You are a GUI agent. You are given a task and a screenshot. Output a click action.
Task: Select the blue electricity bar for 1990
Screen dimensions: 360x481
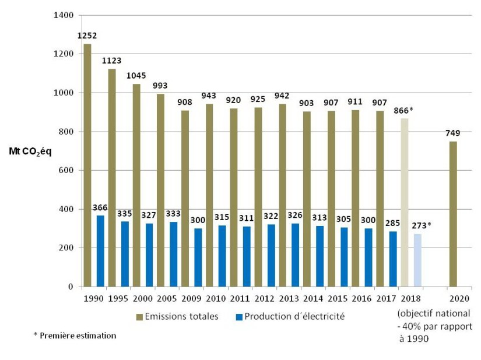tap(101, 251)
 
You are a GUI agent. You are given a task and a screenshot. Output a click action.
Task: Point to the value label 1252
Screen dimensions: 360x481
tap(87, 36)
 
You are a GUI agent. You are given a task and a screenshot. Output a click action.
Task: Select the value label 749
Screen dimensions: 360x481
tap(453, 133)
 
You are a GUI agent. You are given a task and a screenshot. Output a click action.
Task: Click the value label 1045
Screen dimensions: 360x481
tap(136, 76)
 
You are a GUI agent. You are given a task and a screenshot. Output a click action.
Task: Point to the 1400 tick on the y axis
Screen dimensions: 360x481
tap(64, 15)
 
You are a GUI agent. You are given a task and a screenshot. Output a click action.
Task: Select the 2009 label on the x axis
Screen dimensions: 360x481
tap(191, 299)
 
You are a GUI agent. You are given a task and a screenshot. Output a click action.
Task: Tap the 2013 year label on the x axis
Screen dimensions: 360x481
tap(289, 299)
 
